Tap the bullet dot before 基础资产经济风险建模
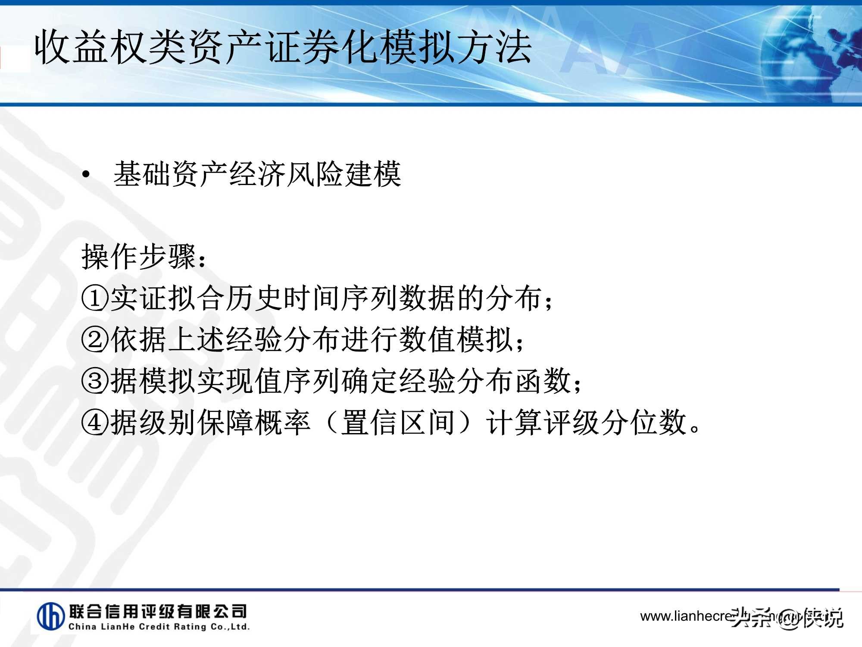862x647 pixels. point(86,175)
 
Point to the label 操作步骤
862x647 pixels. point(139,257)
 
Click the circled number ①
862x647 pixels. point(95,298)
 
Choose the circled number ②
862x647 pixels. point(95,340)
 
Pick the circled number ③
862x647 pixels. point(95,381)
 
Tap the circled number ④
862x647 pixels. point(95,423)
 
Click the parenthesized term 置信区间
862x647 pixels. point(397,423)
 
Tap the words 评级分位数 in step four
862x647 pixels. point(615,423)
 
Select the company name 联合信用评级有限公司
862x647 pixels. point(158,611)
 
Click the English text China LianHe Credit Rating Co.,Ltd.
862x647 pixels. point(159,627)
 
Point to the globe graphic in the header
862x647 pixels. point(810,52)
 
